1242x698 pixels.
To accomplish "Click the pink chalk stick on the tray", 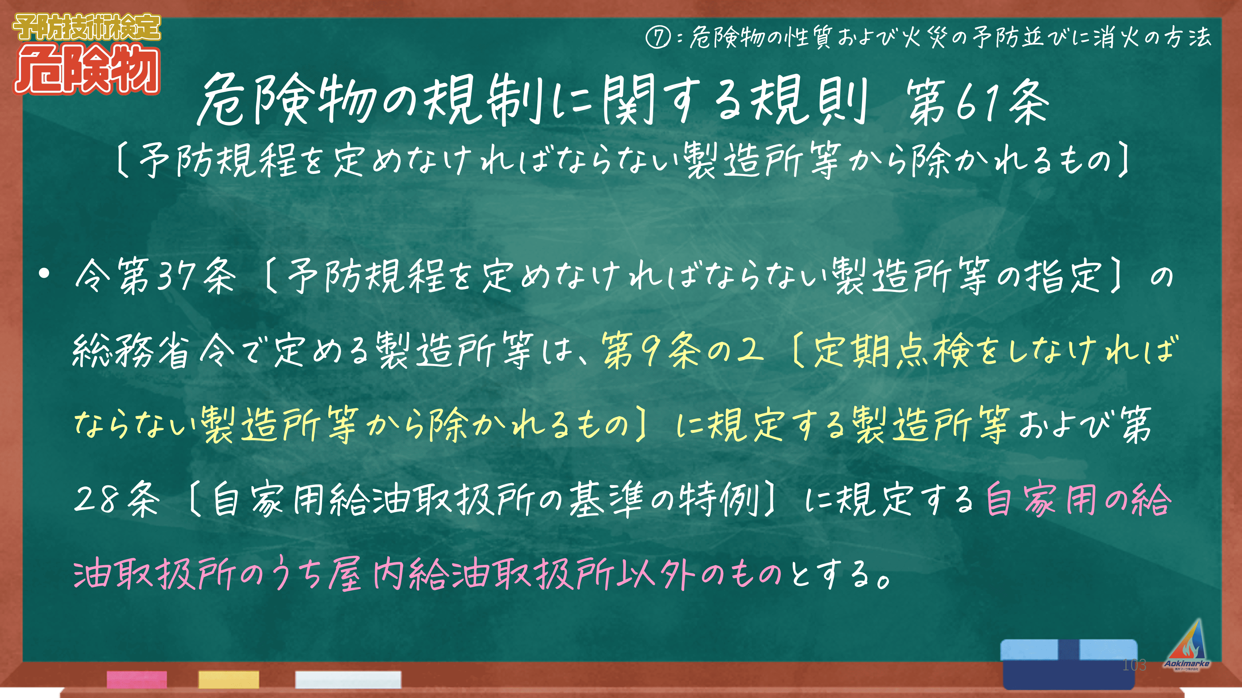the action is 137,679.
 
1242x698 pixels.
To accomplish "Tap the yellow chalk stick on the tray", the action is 229,679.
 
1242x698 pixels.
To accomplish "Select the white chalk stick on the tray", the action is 348,679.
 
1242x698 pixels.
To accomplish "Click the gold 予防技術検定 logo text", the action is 87,27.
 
